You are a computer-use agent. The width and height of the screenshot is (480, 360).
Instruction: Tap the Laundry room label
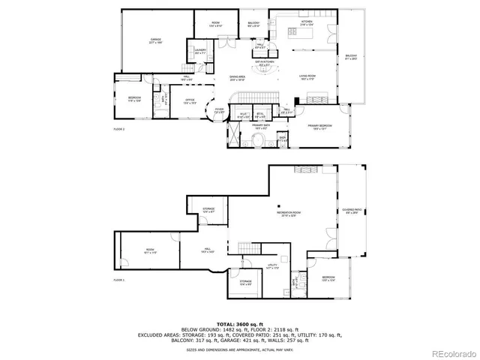tap(200, 52)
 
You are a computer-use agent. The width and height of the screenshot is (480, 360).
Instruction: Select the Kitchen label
tap(307, 22)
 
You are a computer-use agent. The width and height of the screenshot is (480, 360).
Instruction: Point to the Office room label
tap(190, 103)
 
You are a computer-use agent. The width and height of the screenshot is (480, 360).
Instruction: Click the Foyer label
tap(219, 111)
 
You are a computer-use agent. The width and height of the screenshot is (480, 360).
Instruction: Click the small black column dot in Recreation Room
tap(277, 205)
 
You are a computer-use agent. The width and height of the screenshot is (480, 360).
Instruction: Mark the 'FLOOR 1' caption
tap(118, 280)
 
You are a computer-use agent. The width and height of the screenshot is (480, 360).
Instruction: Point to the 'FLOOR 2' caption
tap(118, 130)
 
